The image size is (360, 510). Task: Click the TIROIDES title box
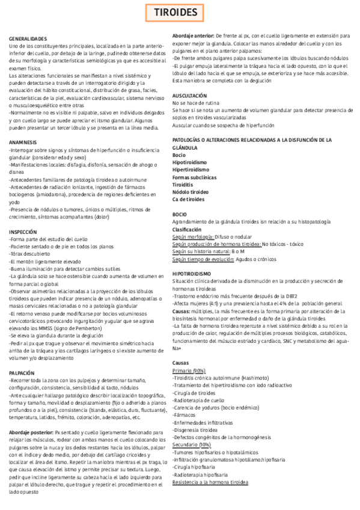coord(180,12)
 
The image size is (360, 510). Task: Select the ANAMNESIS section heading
coord(23,142)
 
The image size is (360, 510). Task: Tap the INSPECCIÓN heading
coord(25,232)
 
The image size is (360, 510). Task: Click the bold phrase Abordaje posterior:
coord(31,432)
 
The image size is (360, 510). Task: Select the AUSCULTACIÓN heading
coord(190,96)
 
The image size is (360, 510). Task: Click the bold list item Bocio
coord(178,155)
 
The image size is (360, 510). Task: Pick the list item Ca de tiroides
coord(188,199)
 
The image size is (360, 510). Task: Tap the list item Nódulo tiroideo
coord(191,192)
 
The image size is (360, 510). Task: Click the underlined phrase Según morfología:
coord(193,237)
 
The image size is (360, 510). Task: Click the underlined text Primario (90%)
coord(188,370)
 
